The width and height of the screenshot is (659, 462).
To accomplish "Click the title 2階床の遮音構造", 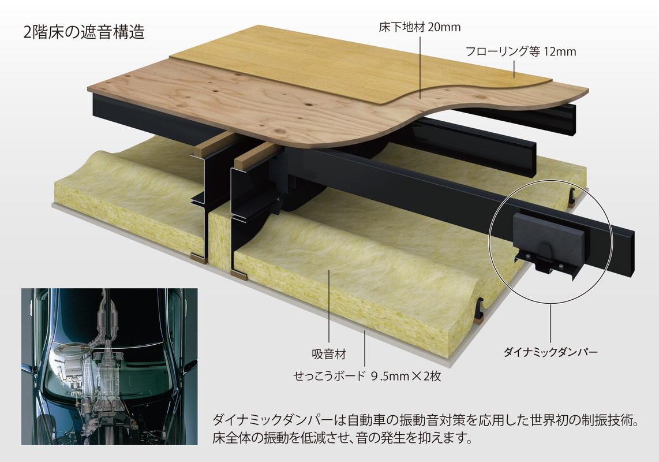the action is (x=84, y=32).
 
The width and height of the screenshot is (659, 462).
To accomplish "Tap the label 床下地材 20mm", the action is (x=420, y=27).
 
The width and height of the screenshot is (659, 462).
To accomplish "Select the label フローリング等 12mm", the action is (x=521, y=52).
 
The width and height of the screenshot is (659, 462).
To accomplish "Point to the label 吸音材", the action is (x=329, y=354).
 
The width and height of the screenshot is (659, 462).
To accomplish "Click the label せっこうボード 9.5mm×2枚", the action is (x=368, y=376).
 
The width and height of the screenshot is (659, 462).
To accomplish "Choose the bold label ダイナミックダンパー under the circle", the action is (x=550, y=352).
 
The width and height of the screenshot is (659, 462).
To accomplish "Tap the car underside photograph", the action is (x=109, y=367).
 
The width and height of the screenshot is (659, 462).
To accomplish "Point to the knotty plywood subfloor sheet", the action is (x=235, y=105).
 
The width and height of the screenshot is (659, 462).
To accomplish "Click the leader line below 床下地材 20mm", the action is (x=420, y=68).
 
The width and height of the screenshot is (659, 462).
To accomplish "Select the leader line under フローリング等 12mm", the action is (x=514, y=69).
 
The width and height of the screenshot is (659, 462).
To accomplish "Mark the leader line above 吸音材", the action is (x=329, y=307).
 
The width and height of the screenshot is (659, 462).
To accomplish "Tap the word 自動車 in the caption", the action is (x=360, y=420).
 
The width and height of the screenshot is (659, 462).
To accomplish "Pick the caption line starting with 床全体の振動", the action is (x=342, y=438).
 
